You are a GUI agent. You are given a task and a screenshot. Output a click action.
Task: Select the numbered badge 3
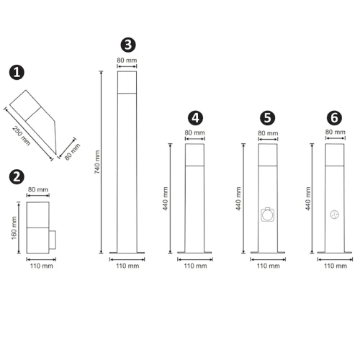127,45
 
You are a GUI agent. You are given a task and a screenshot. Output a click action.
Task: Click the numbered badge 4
194,117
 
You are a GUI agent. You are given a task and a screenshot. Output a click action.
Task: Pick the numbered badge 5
267,117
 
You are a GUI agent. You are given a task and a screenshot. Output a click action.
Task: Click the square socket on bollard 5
267,215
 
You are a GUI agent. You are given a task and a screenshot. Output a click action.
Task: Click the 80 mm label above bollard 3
127,60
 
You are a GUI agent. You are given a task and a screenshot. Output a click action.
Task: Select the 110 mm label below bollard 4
194,266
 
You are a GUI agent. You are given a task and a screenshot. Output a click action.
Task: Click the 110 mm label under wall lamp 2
40,266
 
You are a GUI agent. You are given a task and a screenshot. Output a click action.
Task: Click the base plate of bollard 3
127,253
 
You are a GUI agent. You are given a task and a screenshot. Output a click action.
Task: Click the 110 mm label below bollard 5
267,266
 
